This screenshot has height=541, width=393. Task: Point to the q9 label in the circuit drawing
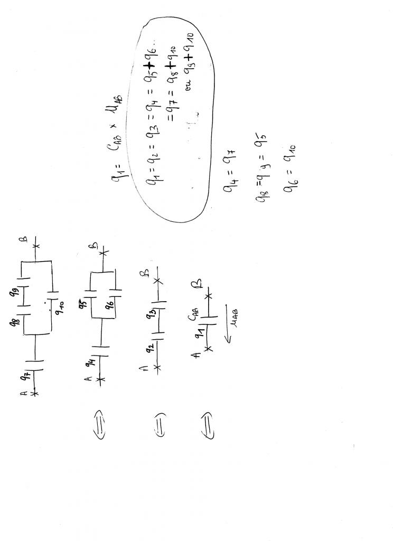tap(24, 290)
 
